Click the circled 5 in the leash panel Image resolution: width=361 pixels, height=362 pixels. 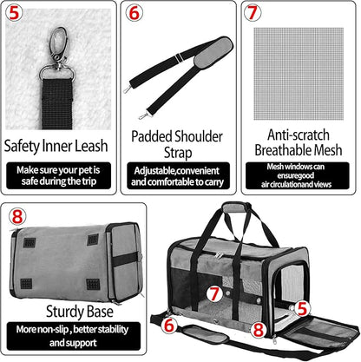pos(16,14)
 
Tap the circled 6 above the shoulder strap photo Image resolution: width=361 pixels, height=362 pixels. pos(134,14)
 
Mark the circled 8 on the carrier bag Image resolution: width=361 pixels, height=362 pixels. pos(258,329)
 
